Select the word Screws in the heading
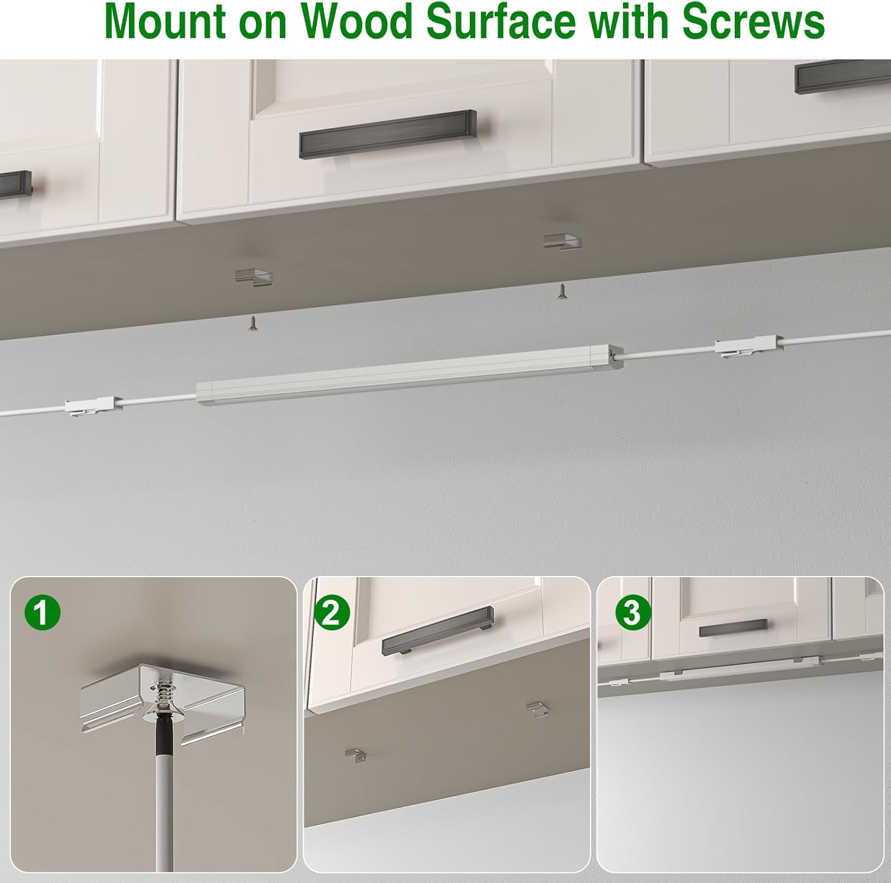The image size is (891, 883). point(753,22)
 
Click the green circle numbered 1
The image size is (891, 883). point(42,612)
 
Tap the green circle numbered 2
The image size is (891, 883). point(331,612)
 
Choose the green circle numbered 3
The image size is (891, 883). point(632,612)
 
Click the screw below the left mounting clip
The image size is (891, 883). point(254,324)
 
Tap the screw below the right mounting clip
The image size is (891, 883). point(561,291)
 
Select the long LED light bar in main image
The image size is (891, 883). point(410,375)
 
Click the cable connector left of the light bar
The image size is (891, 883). point(93,407)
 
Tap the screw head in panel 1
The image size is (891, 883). point(161,710)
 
